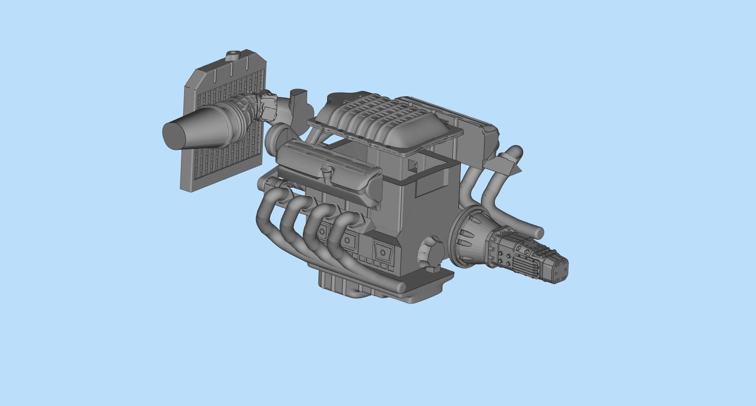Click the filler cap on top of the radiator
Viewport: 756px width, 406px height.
point(233,56)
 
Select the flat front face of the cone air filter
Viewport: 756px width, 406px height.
point(173,135)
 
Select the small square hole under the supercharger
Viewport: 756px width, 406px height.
point(412,165)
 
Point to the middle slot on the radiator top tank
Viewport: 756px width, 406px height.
point(231,68)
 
